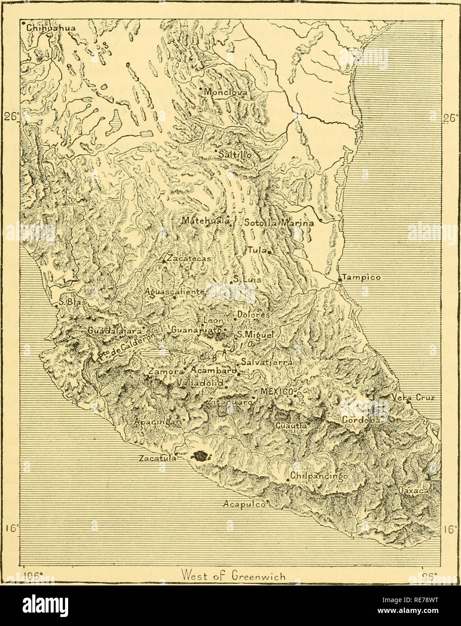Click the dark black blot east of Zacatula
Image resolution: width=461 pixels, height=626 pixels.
tap(200, 456)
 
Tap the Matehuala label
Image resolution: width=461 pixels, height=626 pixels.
tap(206, 221)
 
